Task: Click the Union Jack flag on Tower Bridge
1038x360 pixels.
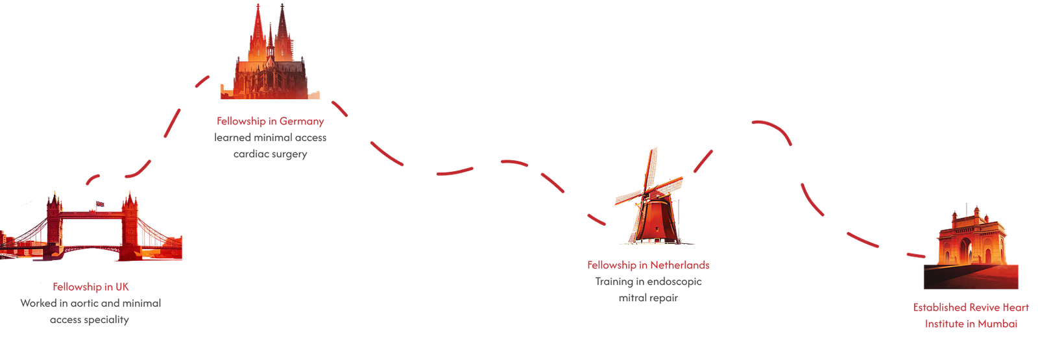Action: pos(100,204)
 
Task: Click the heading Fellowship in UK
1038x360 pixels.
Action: pos(90,287)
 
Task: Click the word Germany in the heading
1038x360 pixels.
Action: pos(302,121)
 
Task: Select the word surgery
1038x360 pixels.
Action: pos(289,154)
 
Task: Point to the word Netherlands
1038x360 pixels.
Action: pos(680,265)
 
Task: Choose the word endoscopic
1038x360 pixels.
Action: pos(675,282)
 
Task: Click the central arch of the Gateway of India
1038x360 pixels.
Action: pos(967,250)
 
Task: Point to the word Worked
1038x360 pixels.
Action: pos(38,303)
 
